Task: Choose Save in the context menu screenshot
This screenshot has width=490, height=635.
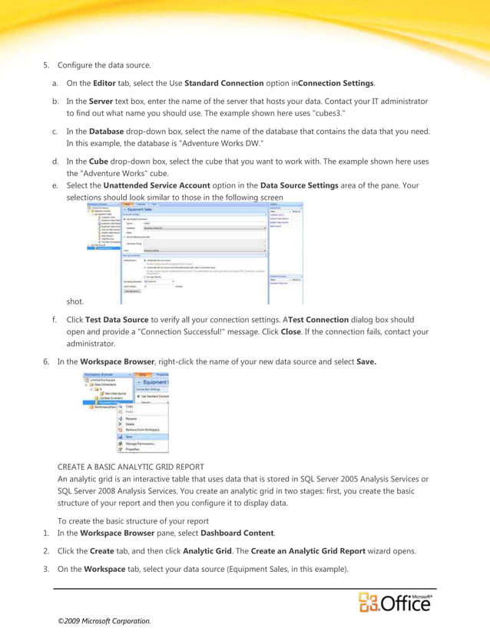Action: (x=129, y=437)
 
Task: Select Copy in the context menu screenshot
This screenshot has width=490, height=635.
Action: (x=130, y=405)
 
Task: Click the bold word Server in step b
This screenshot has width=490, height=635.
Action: (x=101, y=101)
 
